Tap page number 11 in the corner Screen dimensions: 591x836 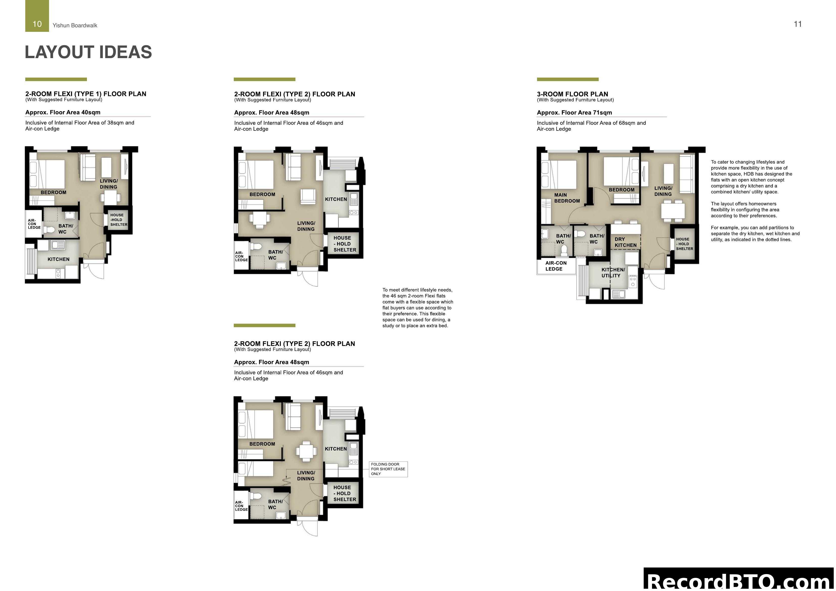[797, 24]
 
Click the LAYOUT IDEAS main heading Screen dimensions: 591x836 [88, 52]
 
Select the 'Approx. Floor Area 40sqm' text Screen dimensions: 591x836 [63, 112]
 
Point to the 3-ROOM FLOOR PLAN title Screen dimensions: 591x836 [572, 94]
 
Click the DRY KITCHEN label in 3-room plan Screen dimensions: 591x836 [625, 242]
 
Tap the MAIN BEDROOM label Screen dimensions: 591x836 [567, 198]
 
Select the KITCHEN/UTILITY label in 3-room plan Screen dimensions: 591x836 [613, 273]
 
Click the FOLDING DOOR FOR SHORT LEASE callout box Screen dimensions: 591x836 [388, 469]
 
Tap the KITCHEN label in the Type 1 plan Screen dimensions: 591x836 [58, 259]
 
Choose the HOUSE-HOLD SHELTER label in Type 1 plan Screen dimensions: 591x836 [119, 220]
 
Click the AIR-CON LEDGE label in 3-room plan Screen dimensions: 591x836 [556, 266]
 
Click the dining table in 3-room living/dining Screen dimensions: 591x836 [673, 211]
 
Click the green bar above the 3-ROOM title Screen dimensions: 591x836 [567, 79]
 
